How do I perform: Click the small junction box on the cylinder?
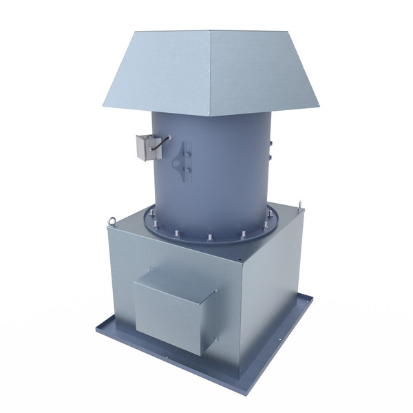click(147, 146)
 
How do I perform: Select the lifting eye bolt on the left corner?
click(127, 222)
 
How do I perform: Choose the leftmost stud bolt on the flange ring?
click(148, 220)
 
